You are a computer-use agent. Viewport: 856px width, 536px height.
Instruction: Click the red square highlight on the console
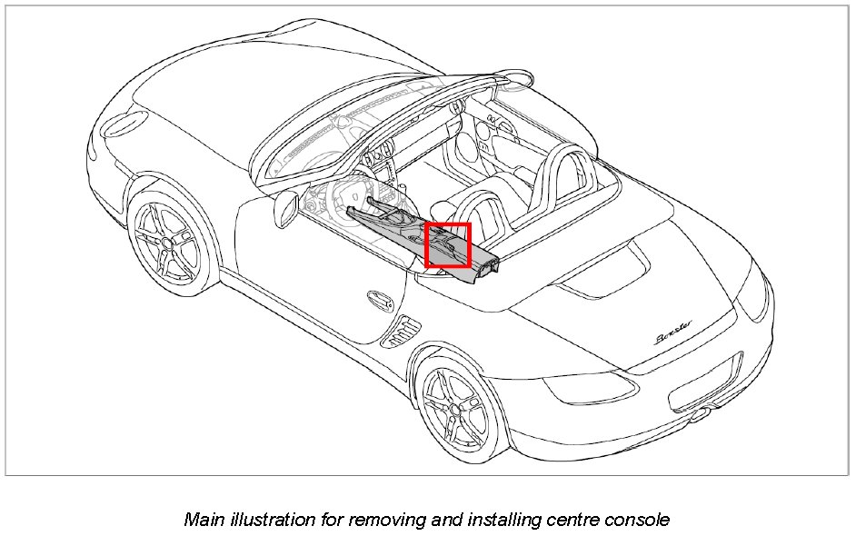(x=448, y=245)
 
